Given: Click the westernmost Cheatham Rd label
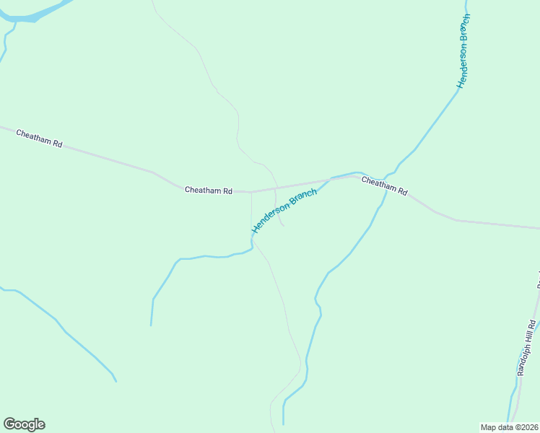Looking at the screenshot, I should pos(39,139).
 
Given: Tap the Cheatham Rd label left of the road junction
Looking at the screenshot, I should pos(208,191).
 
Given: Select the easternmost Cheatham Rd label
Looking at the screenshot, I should pos(385,187).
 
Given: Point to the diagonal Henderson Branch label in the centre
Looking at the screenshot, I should pos(284,211).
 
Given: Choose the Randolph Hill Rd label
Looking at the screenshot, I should pos(527,347).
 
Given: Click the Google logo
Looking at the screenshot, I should pos(24,424).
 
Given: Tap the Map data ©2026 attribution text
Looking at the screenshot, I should pos(509,427).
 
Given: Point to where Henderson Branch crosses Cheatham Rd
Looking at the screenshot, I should pos(331,178).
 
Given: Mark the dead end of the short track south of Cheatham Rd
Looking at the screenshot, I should pos(284,226).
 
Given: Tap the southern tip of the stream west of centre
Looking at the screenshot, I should pos(151,325).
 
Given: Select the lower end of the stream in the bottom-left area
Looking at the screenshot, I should pos(116,381).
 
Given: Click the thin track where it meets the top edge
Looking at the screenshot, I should pos(152,1).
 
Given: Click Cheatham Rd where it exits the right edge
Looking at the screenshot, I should pos(538,227).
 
